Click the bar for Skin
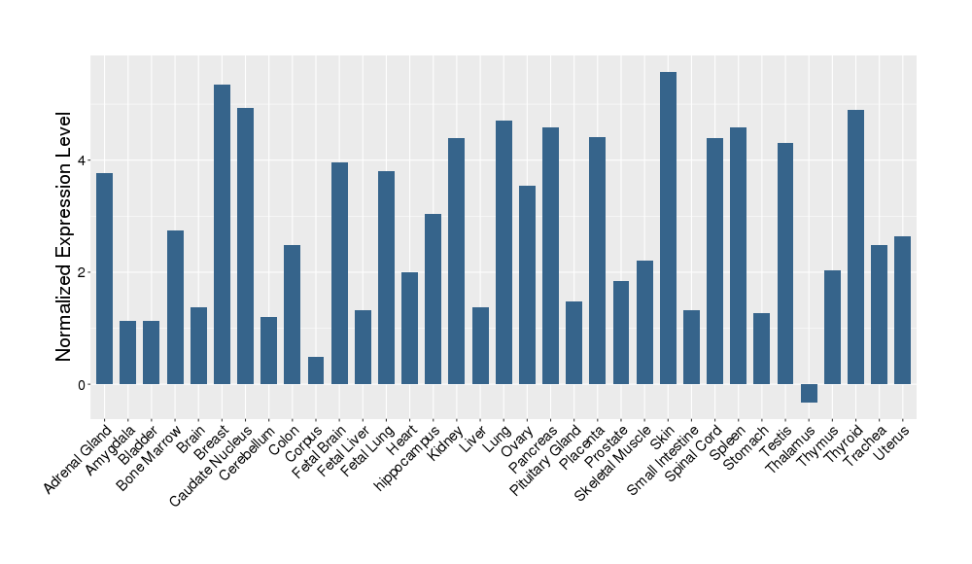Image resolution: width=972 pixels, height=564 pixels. tap(668, 229)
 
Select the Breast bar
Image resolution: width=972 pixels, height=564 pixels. tap(222, 234)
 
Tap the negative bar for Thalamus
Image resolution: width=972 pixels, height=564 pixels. tap(809, 393)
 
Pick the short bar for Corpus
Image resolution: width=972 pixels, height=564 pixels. tap(316, 370)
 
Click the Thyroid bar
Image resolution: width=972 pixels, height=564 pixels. tap(855, 247)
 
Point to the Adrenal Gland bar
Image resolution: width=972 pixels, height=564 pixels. tap(104, 278)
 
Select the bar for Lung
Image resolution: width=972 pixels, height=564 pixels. tap(503, 252)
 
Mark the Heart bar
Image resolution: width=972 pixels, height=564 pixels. tap(409, 328)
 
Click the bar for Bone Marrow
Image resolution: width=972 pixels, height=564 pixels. tap(175, 307)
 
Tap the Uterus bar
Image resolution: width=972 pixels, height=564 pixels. tap(902, 310)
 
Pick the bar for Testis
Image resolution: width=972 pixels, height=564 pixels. tap(785, 264)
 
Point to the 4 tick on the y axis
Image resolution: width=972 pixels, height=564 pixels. tap(84, 160)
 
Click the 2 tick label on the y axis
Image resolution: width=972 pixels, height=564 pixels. tap(84, 272)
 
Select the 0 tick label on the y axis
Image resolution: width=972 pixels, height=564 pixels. tap(84, 385)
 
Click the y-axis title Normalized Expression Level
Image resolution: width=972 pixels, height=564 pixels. tap(64, 236)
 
